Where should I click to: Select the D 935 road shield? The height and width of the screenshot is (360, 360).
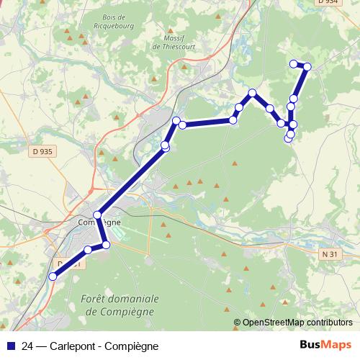pyautogui.click(x=42, y=151)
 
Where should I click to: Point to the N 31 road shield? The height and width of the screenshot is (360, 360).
pyautogui.click(x=330, y=254)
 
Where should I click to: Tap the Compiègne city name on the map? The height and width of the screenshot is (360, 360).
pyautogui.click(x=99, y=222)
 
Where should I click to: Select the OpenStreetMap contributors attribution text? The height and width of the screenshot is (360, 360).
pyautogui.click(x=297, y=323)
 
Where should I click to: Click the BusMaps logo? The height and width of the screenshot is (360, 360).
pyautogui.click(x=325, y=344)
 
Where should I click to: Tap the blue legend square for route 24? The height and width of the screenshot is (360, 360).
pyautogui.click(x=9, y=345)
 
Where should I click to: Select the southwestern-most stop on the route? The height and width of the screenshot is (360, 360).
pyautogui.click(x=52, y=276)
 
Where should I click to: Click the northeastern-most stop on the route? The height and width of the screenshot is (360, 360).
pyautogui.click(x=307, y=67)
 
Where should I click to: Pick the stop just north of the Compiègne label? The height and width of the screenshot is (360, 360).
pyautogui.click(x=97, y=214)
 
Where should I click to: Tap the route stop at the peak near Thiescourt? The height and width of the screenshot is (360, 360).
pyautogui.click(x=253, y=93)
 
